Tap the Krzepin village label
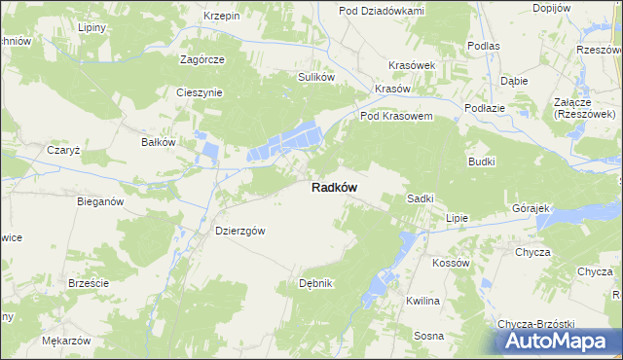(222, 17)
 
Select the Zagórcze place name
(202, 59)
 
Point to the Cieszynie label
(200, 93)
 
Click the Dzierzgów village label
(239, 232)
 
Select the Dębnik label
(316, 283)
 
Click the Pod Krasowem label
(396, 116)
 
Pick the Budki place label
(482, 162)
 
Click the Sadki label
(420, 198)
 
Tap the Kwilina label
(423, 301)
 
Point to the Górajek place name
(531, 209)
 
